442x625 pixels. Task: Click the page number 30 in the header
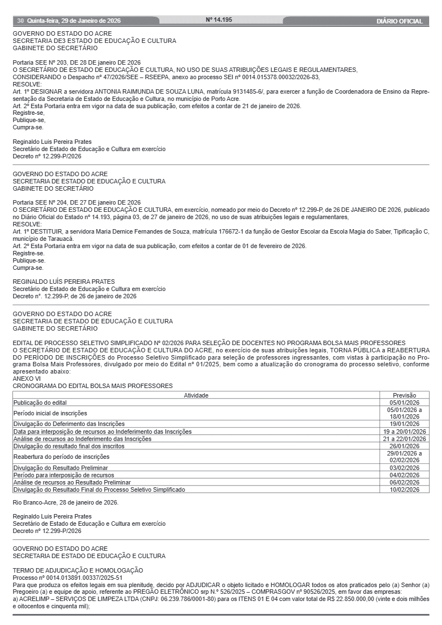click(x=20, y=21)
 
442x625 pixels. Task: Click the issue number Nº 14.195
click(x=219, y=20)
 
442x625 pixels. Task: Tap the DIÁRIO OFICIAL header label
click(x=399, y=21)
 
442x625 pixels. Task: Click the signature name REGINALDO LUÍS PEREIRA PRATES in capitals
click(x=64, y=282)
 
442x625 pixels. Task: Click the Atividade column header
click(x=196, y=395)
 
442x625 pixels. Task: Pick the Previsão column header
click(x=404, y=395)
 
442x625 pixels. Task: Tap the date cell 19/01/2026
click(x=404, y=424)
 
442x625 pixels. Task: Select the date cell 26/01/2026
click(x=404, y=446)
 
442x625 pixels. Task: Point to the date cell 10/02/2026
click(x=404, y=489)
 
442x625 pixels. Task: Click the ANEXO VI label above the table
click(x=26, y=379)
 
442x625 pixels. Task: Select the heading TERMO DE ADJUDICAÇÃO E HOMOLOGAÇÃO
click(x=78, y=570)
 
